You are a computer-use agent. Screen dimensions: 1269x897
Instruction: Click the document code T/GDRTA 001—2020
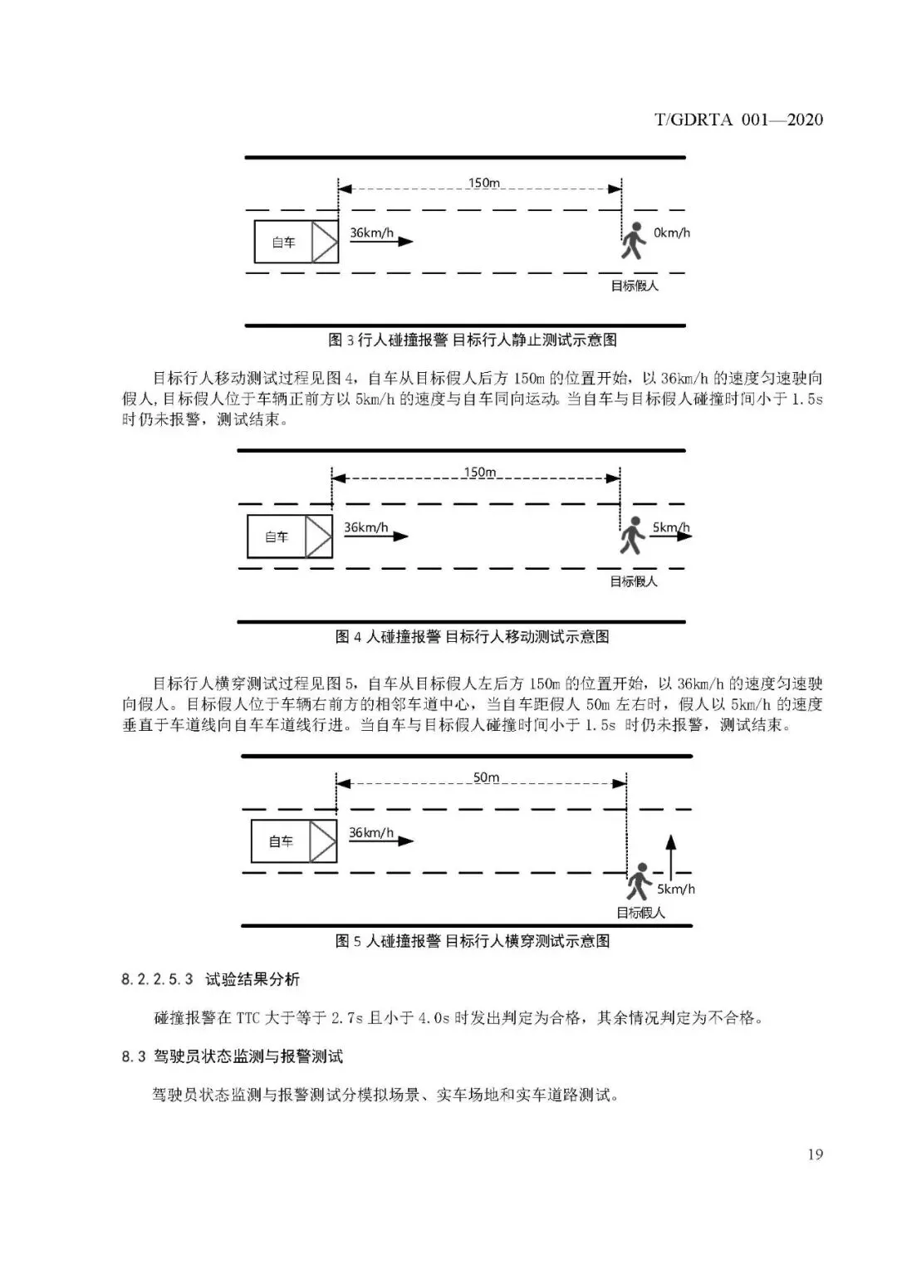tap(738, 120)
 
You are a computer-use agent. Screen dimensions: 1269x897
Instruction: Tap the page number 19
tap(814, 1154)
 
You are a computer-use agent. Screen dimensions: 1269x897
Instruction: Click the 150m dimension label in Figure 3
tap(483, 183)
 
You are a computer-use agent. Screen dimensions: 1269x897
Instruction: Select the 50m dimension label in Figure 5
tap(486, 778)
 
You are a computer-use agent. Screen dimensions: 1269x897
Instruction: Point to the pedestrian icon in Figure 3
tap(633, 241)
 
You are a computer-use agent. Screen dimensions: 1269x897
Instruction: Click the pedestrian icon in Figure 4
tap(633, 536)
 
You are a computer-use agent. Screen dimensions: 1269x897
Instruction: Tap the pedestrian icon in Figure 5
tap(638, 881)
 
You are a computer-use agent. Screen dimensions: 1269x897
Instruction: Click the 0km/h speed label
tap(672, 233)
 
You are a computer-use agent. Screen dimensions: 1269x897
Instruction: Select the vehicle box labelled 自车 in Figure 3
tap(296, 243)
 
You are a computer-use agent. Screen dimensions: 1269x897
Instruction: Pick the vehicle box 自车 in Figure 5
tap(293, 841)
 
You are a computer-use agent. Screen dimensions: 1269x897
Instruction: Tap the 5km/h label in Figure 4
tap(670, 527)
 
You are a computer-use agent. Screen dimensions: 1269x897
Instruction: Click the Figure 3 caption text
tap(472, 341)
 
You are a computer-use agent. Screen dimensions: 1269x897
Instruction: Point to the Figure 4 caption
tap(472, 637)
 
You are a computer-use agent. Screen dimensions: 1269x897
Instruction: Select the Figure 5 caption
tap(472, 941)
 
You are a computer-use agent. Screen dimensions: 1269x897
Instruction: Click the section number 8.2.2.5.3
tap(157, 980)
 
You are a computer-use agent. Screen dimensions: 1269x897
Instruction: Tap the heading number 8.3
tap(133, 1056)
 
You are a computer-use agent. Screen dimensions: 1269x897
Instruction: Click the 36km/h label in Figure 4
tap(366, 527)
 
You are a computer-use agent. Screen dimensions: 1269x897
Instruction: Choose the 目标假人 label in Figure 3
tap(635, 286)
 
